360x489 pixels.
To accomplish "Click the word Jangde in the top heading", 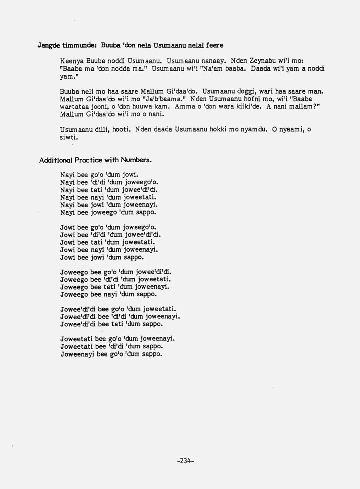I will tap(49, 46).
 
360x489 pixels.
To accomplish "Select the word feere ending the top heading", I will tap(215, 45).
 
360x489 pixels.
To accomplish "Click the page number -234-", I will tap(186, 461).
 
